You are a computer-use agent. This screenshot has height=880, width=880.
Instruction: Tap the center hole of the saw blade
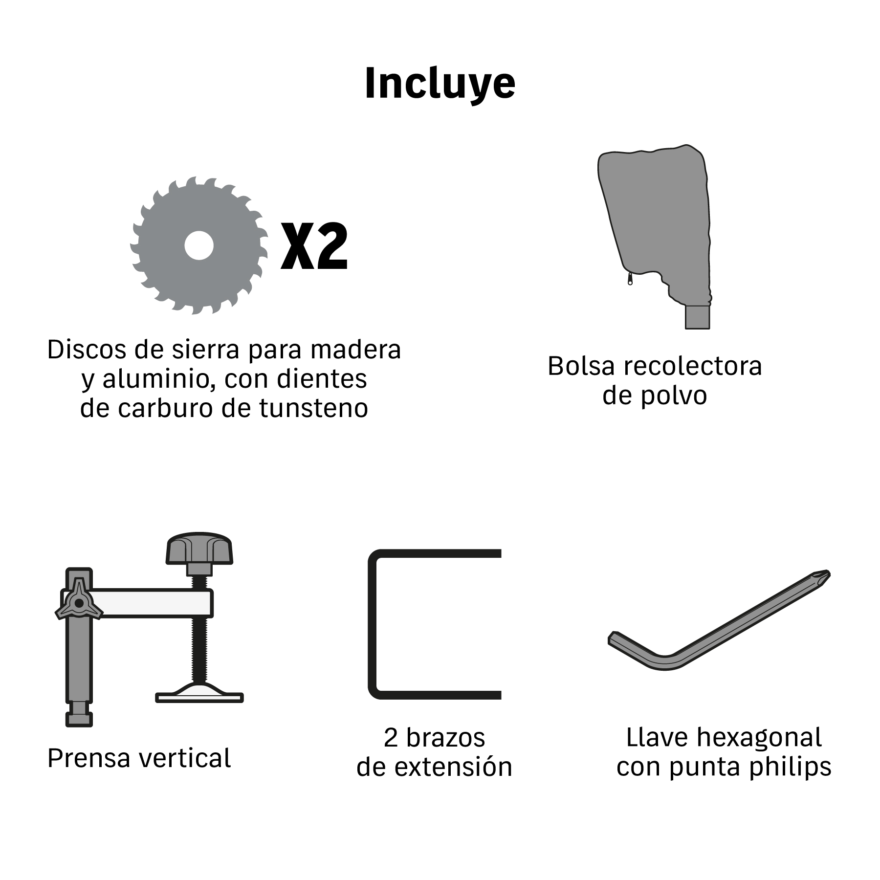click(x=199, y=245)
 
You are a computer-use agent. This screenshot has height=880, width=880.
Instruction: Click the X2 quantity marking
click(x=314, y=246)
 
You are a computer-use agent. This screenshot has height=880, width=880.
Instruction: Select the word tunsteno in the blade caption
click(x=313, y=408)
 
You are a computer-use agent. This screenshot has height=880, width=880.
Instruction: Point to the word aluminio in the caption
click(x=157, y=379)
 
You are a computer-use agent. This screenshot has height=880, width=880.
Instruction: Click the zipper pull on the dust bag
click(x=630, y=279)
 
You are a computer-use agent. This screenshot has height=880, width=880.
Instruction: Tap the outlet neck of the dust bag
click(x=697, y=317)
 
